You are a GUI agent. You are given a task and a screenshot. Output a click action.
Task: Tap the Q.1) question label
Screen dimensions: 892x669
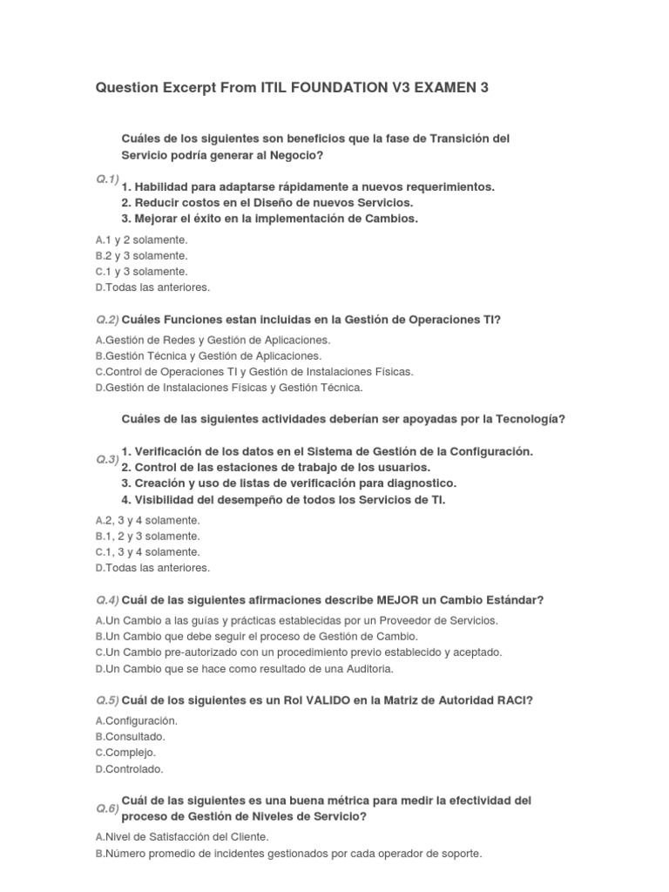pos(107,179)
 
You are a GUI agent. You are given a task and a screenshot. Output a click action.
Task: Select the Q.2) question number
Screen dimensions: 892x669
pos(107,320)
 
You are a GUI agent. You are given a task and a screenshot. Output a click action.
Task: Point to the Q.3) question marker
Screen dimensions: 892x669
pos(107,458)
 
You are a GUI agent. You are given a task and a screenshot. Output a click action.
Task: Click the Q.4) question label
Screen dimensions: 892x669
pos(107,600)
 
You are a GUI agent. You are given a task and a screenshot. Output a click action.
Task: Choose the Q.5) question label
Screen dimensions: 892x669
pos(107,700)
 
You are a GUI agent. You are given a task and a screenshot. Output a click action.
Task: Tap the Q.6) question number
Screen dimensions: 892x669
pos(107,808)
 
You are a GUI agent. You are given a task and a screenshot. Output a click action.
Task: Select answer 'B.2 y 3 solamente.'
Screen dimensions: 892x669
pos(141,255)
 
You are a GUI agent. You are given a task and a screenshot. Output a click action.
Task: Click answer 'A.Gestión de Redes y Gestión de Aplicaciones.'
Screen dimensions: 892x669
pos(213,340)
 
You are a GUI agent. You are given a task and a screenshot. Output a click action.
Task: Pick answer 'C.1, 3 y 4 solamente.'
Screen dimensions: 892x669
pos(147,551)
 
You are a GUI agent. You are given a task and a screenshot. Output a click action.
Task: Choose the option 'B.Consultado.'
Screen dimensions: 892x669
pos(130,736)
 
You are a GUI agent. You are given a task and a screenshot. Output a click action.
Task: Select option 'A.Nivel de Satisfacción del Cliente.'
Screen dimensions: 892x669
pos(181,836)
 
